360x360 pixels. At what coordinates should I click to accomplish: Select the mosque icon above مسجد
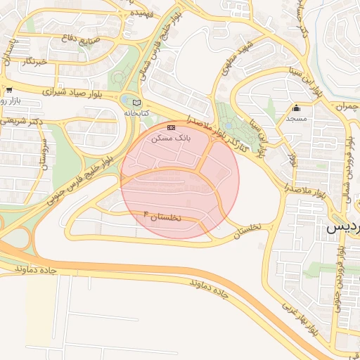[x=296, y=108]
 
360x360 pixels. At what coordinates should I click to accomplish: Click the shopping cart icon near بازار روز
[x=8, y=90]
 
